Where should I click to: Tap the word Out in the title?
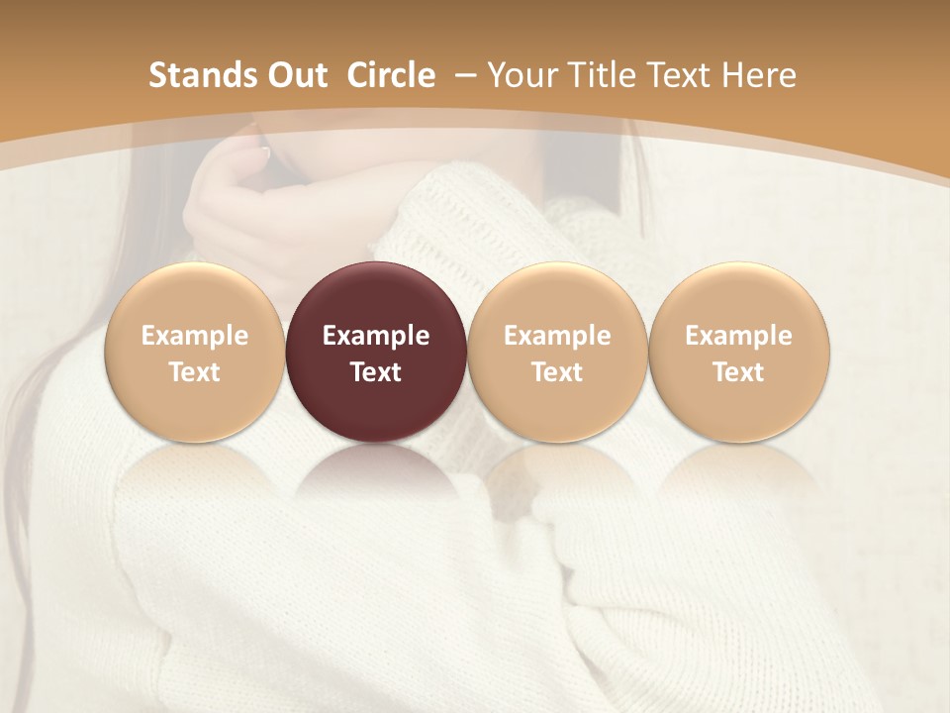(x=295, y=75)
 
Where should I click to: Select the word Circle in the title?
(x=391, y=75)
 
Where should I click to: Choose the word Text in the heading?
(x=674, y=75)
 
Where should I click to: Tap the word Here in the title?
(x=759, y=75)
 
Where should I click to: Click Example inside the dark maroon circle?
(x=376, y=336)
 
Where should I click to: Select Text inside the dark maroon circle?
(x=376, y=372)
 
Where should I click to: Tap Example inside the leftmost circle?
(x=195, y=336)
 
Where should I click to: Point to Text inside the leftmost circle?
(x=195, y=372)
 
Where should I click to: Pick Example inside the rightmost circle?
(x=738, y=336)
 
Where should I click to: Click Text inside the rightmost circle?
(x=738, y=372)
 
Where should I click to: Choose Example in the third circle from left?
(x=557, y=336)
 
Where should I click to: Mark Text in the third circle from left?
(x=557, y=372)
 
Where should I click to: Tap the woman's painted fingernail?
(x=265, y=153)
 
